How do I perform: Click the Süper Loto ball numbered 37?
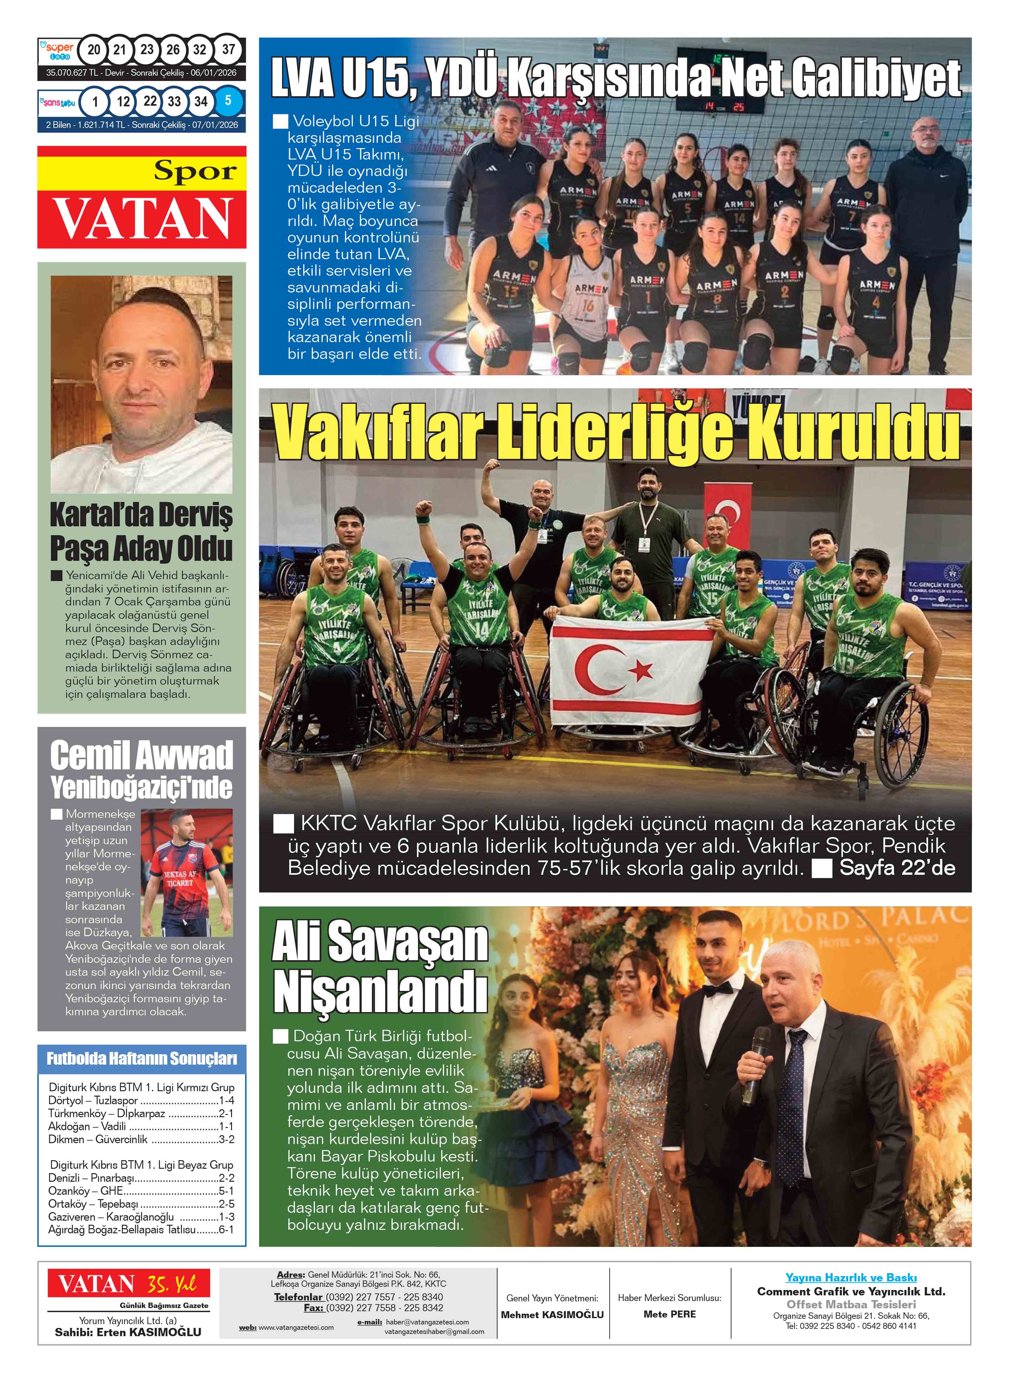(228, 49)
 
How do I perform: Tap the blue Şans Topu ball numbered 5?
(228, 101)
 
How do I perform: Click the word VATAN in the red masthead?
(142, 219)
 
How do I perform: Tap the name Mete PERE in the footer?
(669, 1314)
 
